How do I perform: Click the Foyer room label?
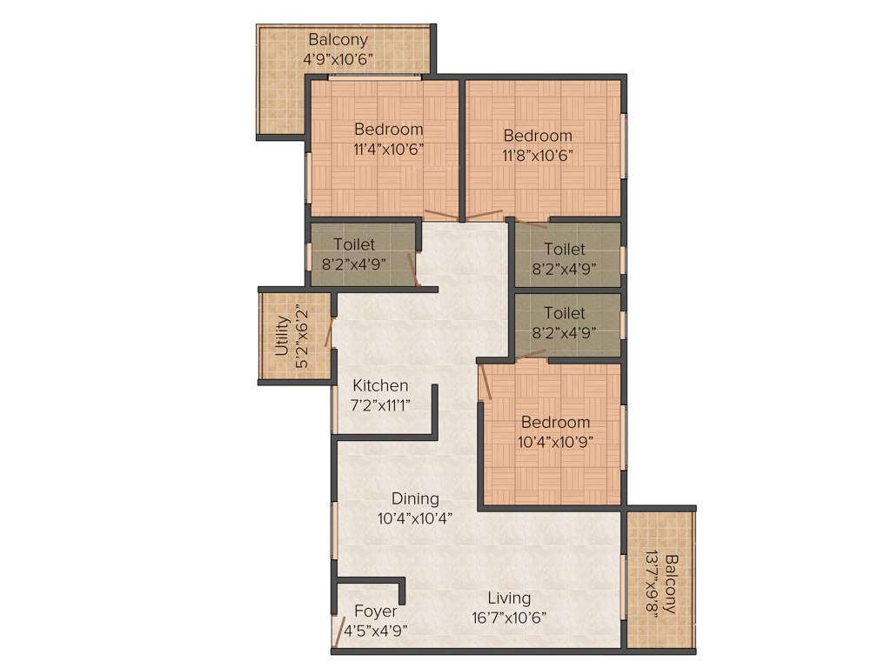click(376, 611)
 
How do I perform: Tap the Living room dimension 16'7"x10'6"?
click(509, 618)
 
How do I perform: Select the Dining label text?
click(415, 498)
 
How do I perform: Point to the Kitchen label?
click(380, 385)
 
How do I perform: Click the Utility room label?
click(281, 336)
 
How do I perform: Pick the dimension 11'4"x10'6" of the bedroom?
click(388, 149)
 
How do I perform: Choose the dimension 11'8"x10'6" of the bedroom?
click(538, 156)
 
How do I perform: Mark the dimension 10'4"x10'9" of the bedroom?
click(555, 442)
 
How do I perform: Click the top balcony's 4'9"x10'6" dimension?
click(338, 60)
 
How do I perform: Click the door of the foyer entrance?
click(338, 632)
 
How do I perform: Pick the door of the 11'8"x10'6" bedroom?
click(484, 215)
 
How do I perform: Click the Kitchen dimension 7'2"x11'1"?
click(380, 404)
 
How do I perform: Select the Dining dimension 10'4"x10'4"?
click(415, 518)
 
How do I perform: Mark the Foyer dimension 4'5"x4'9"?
click(376, 631)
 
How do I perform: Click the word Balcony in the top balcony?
click(338, 40)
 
